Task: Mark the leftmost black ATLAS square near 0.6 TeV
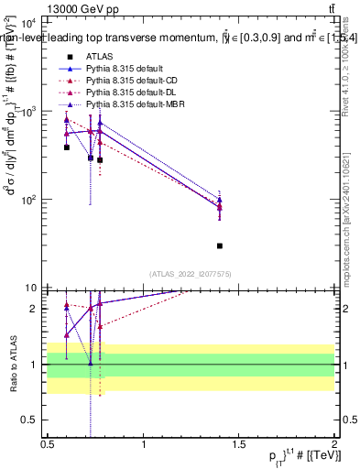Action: click(67, 147)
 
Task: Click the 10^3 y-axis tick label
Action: click(28, 112)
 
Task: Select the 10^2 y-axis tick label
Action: click(28, 200)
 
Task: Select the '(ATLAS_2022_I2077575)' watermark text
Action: click(191, 274)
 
